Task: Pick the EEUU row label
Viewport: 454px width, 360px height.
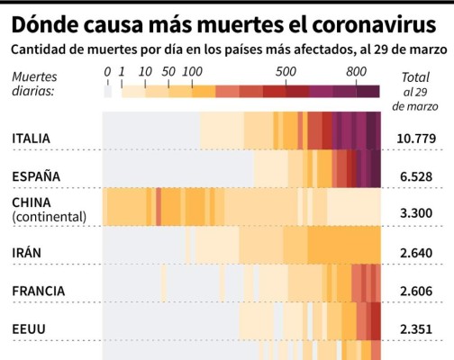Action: coord(29,328)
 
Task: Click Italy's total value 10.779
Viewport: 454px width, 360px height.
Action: coord(420,139)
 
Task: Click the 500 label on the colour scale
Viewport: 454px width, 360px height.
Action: coord(286,71)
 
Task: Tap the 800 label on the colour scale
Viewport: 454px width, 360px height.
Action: coord(356,71)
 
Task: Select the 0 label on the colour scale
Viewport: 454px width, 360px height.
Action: coord(107,71)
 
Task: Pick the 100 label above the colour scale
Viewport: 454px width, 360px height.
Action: coord(192,71)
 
